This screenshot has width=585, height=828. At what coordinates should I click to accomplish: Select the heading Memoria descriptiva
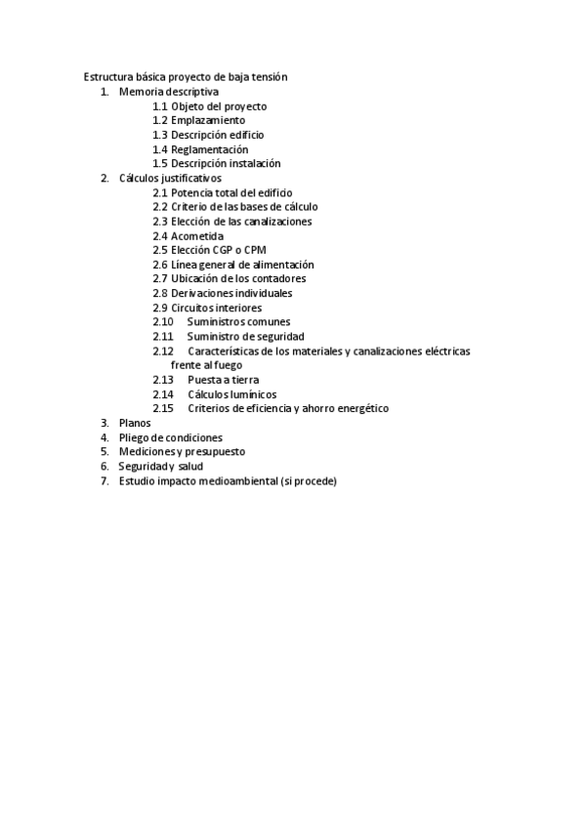click(169, 91)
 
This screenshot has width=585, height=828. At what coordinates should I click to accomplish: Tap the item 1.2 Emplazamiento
click(198, 120)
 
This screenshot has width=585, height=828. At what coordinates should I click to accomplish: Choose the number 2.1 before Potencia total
click(160, 192)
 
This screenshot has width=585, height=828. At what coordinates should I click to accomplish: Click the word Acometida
click(197, 235)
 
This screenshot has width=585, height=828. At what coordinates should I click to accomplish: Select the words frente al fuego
click(206, 364)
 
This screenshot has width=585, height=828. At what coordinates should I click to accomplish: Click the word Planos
click(135, 423)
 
